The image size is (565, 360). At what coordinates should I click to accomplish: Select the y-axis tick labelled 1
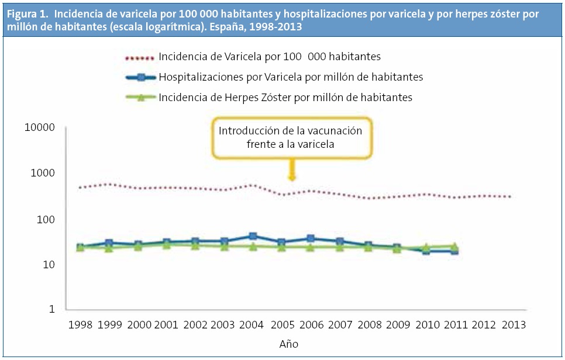point(51,310)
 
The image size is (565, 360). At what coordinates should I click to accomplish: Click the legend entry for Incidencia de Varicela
point(270,57)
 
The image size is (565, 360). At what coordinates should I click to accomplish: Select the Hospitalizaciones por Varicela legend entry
point(291,77)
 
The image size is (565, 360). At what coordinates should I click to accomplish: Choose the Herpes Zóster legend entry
point(285,98)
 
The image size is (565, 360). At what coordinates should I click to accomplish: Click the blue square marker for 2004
point(253,237)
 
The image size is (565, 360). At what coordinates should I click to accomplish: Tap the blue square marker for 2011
point(454,251)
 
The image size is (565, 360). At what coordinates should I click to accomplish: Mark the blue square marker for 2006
point(311,238)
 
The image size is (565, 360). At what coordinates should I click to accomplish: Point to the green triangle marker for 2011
point(454,245)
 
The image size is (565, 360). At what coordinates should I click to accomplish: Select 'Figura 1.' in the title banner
point(27,13)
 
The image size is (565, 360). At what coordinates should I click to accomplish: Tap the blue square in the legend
point(140,77)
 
